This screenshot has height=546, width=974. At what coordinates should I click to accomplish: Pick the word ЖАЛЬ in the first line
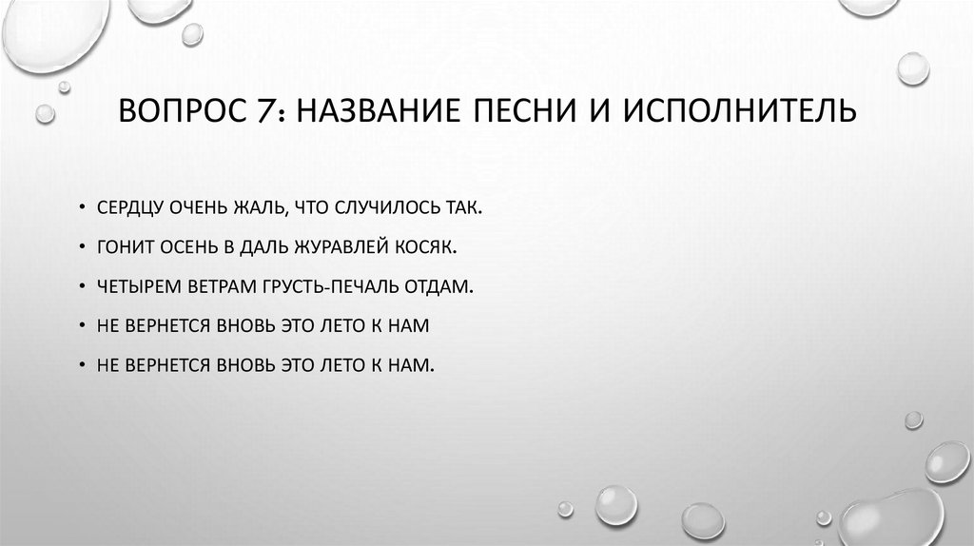[256, 206]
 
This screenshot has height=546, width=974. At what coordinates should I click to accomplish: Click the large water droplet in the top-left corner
[52, 33]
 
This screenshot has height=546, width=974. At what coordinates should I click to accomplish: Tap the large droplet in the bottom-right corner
[889, 518]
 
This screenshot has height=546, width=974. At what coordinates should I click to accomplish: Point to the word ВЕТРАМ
[224, 285]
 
